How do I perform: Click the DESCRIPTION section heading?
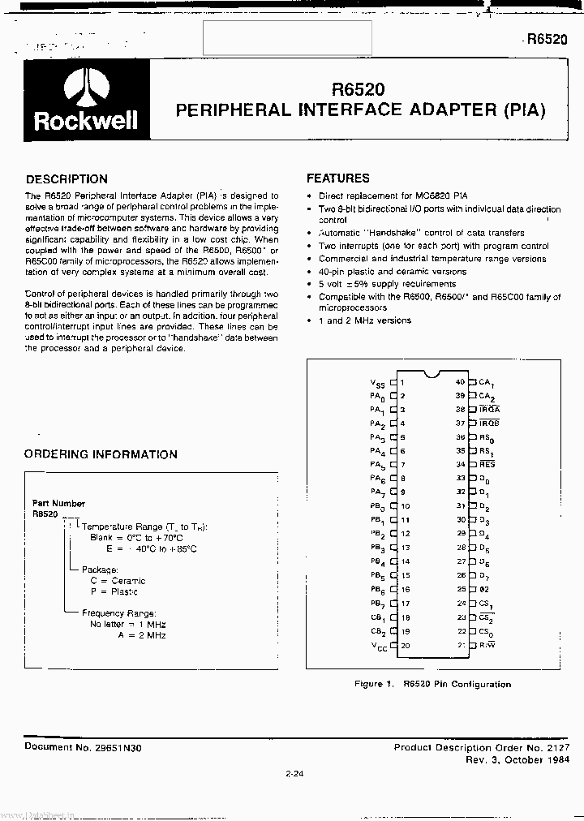67,179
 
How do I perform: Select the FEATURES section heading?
337,178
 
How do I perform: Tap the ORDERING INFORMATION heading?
101,454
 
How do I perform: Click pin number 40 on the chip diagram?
460,381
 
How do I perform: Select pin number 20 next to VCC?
404,646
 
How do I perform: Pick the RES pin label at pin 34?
487,465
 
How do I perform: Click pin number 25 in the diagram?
461,590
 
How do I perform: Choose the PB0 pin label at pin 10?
378,507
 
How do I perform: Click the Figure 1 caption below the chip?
432,684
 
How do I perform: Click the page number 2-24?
294,773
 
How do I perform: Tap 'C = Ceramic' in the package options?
118,581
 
